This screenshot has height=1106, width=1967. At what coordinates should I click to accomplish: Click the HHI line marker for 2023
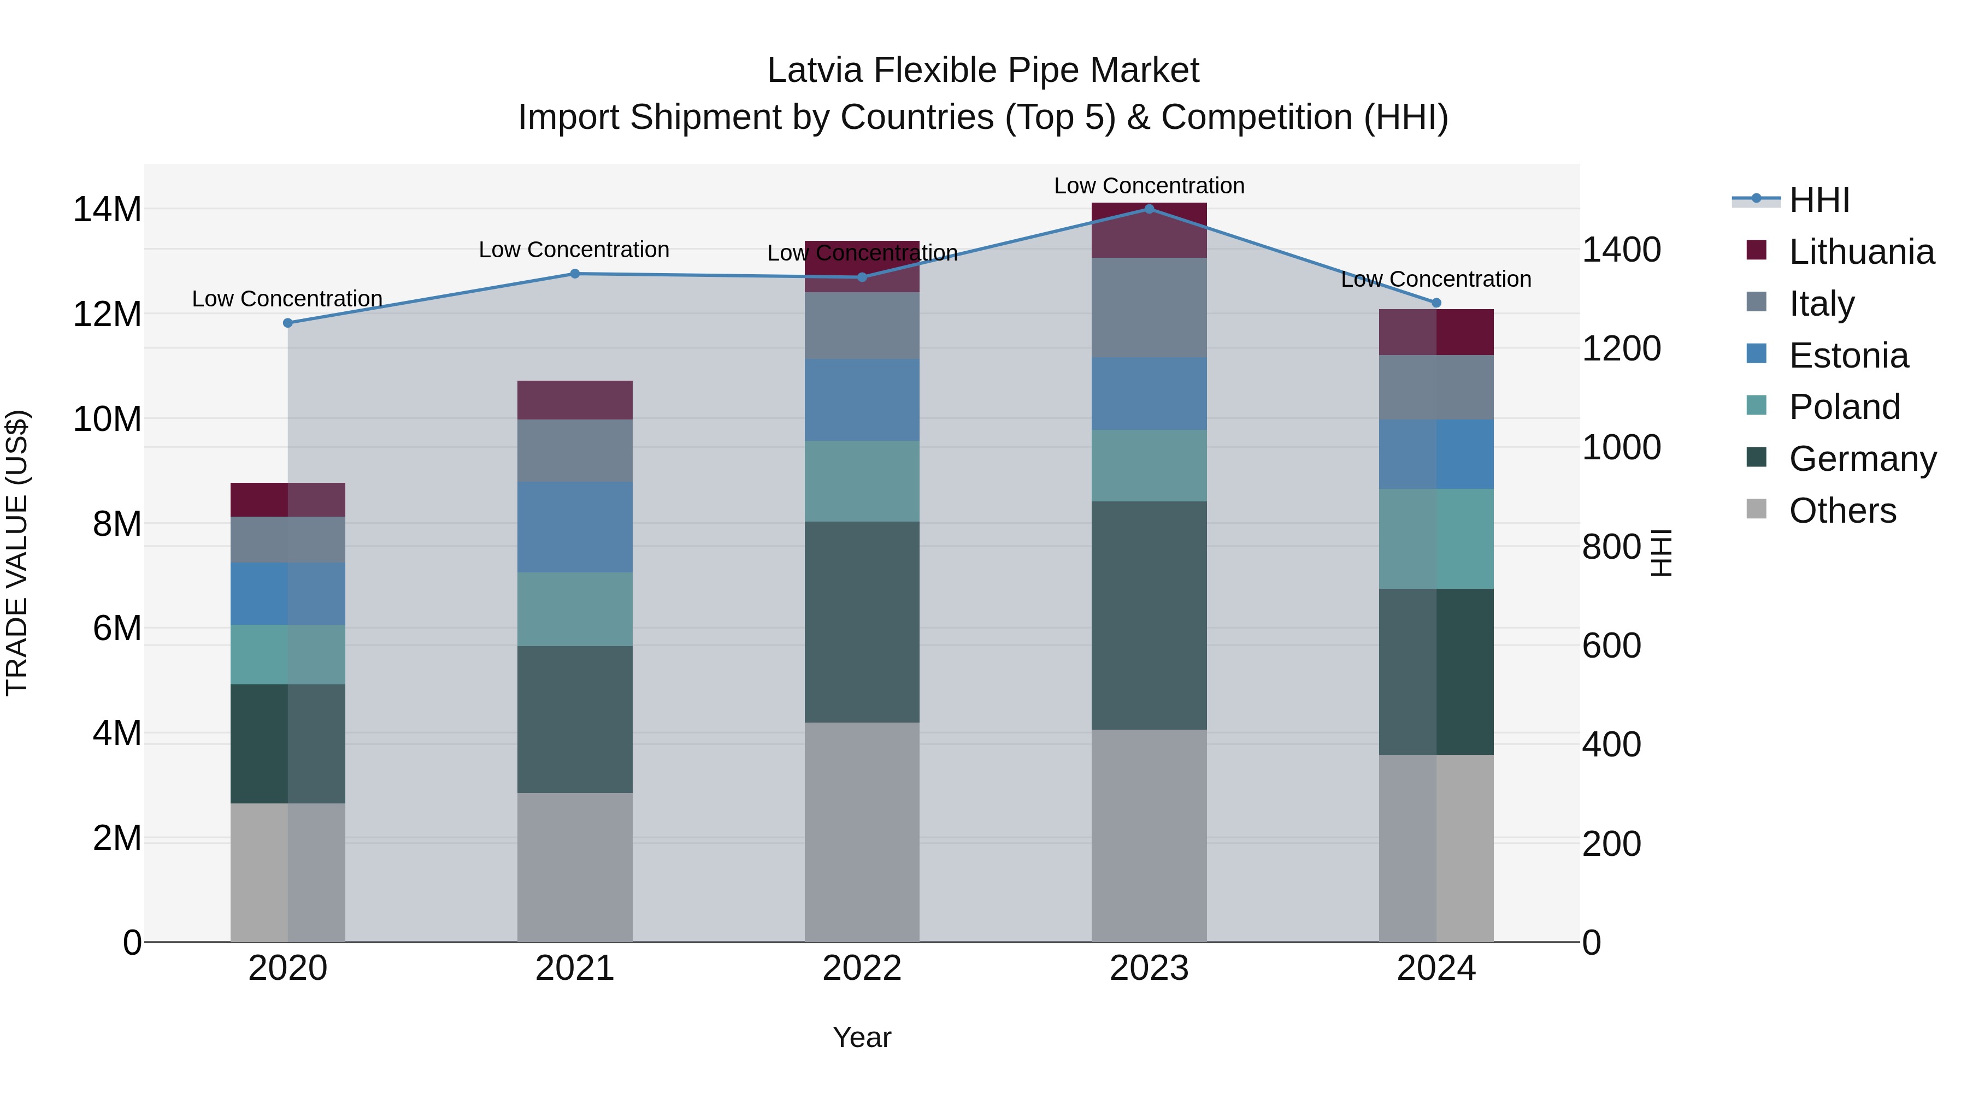tap(1149, 209)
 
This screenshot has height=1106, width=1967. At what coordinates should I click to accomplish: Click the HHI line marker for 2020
tap(288, 323)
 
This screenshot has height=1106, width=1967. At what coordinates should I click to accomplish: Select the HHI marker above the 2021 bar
tap(575, 274)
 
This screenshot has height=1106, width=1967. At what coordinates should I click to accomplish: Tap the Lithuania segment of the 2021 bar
tap(575, 400)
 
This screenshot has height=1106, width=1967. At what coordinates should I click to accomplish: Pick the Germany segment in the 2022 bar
tap(862, 622)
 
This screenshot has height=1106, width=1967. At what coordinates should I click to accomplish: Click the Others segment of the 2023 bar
tap(1149, 835)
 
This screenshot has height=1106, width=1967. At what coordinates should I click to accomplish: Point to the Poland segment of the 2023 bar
tap(1149, 465)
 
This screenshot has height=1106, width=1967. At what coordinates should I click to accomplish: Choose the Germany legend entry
tap(1863, 459)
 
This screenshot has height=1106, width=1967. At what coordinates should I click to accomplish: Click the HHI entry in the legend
tap(1819, 200)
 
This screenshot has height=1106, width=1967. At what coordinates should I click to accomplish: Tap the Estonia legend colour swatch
tap(1756, 354)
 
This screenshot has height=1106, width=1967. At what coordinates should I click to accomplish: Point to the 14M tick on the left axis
tap(107, 209)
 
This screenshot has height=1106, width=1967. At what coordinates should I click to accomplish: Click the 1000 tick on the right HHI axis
tap(1621, 447)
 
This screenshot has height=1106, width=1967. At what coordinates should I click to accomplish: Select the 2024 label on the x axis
tap(1435, 968)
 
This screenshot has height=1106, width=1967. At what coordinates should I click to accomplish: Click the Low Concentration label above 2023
tap(1149, 186)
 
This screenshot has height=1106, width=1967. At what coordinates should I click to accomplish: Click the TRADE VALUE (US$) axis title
tap(17, 553)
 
